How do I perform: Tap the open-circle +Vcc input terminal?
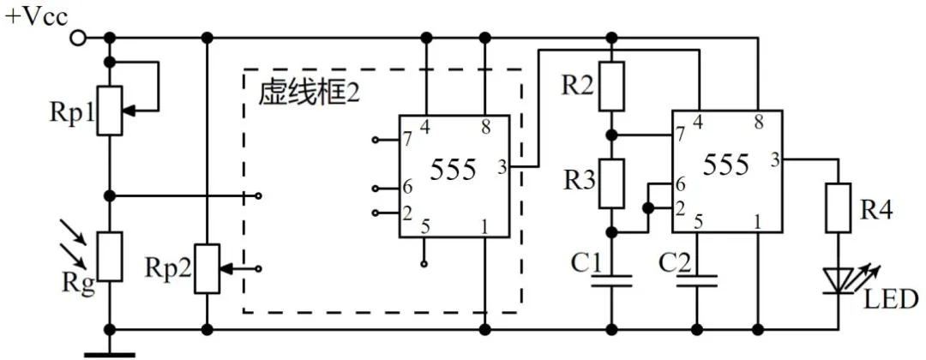point(78,37)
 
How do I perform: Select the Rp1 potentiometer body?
point(109,110)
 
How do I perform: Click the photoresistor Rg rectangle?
point(109,255)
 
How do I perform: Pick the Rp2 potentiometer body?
point(207,267)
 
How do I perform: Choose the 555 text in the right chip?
point(725,164)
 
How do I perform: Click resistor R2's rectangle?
point(610,87)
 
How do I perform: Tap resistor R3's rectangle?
point(610,183)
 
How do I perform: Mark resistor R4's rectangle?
point(838,208)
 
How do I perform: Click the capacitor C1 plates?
point(610,281)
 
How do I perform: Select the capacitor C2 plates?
point(696,281)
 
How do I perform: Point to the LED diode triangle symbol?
point(838,279)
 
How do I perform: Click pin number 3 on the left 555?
point(501,166)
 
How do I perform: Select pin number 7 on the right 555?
point(680,135)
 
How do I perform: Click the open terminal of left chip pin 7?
point(376,139)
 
